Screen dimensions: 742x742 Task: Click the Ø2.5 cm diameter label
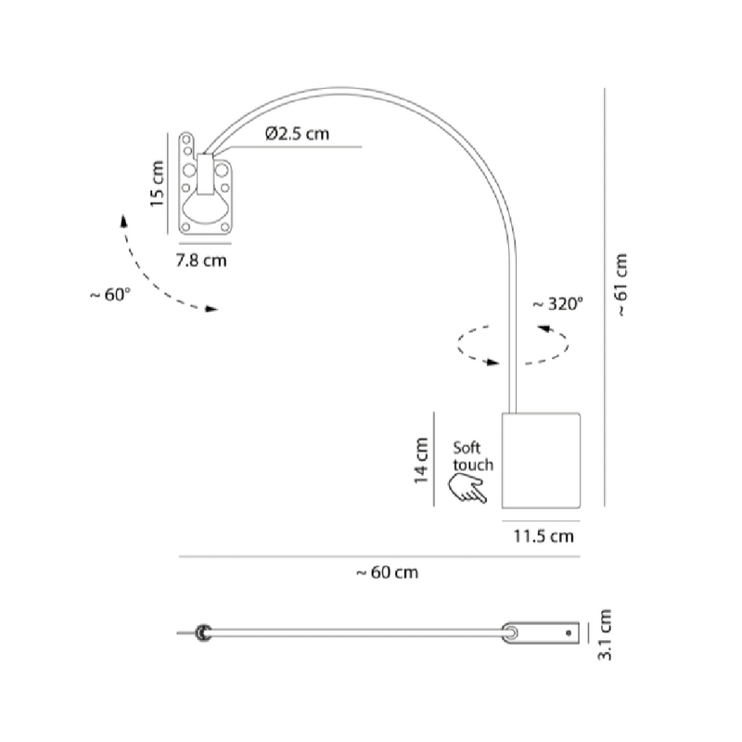coord(297,134)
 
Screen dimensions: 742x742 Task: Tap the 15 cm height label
coord(157,184)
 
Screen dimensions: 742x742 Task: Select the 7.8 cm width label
coord(201,261)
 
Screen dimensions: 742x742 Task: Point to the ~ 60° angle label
coord(109,294)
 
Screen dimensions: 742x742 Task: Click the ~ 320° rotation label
coord(558,304)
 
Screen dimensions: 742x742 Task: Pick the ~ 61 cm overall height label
coord(621,285)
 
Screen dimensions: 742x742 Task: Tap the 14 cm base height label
coord(421,460)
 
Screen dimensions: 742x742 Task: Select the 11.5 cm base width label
coord(544,536)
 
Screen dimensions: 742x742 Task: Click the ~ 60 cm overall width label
coord(387,572)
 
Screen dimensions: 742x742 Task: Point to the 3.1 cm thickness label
coord(605,634)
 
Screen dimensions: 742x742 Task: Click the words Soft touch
coord(473,456)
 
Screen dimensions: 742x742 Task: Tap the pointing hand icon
coord(467,489)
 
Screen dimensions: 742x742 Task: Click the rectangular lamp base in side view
coord(541,460)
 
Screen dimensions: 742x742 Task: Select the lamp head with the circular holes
coord(205,184)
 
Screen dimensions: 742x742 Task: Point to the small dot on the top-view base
coord(569,633)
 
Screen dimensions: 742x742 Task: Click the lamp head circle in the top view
coord(204,633)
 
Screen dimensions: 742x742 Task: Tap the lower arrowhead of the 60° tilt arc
coord(211,309)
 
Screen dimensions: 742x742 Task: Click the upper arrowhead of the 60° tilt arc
coord(124,222)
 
